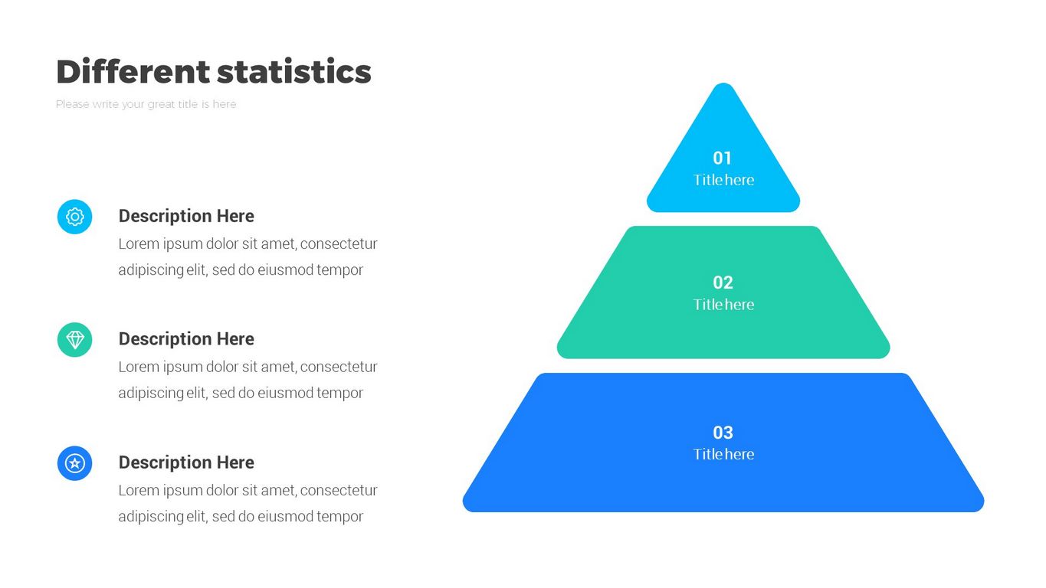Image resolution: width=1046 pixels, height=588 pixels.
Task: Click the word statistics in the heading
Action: tap(294, 72)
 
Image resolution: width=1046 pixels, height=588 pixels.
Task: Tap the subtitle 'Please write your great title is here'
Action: tap(146, 104)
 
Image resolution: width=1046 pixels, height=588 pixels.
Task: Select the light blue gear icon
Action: tap(75, 217)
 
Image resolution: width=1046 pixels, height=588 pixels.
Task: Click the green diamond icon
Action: tap(75, 340)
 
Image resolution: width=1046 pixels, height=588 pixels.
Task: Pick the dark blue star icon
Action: tap(75, 463)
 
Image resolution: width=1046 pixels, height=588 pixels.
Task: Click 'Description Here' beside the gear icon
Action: tap(186, 216)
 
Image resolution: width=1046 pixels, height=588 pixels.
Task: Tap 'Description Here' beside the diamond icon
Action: tap(186, 339)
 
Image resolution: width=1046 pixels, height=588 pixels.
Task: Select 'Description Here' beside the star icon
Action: tap(186, 462)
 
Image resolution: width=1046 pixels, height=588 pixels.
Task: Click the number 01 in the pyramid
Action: tap(723, 158)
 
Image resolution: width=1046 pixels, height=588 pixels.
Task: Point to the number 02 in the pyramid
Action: tap(723, 283)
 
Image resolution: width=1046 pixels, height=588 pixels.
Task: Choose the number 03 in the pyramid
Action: tap(723, 433)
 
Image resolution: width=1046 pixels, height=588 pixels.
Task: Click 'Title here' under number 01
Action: tap(723, 180)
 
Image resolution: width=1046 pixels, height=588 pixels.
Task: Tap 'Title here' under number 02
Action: tap(723, 305)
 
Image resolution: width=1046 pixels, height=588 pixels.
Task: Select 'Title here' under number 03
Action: tap(723, 454)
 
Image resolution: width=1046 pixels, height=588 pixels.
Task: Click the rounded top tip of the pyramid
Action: tap(723, 84)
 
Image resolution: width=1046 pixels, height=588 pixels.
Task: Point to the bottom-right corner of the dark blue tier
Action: tap(981, 508)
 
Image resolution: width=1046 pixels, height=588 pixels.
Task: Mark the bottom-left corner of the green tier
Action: tap(560, 355)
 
